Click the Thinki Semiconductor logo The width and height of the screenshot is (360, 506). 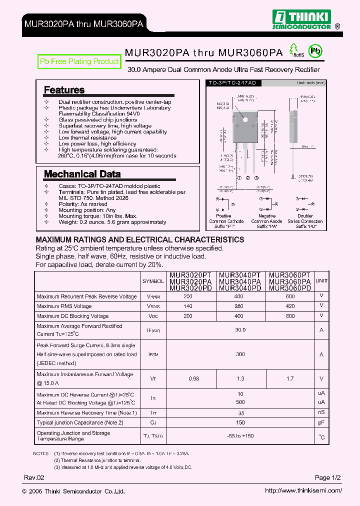tap(301, 19)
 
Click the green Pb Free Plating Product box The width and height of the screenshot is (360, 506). tap(79, 61)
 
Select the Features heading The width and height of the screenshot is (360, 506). tap(64, 90)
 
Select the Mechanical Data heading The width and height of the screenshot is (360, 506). tap(82, 174)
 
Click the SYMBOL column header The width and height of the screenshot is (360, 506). tap(153, 281)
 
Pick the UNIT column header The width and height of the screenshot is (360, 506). tap(321, 281)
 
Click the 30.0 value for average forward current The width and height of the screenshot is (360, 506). tap(240, 330)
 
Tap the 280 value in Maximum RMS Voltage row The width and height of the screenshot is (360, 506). tap(238, 306)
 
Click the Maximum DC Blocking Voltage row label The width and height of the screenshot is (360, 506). tap(72, 316)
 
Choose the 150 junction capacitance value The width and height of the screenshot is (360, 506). tap(240, 422)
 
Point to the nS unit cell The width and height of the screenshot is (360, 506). tap(321, 412)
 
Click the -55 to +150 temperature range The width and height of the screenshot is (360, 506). tap(240, 436)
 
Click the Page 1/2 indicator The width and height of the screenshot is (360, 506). tap(328, 478)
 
